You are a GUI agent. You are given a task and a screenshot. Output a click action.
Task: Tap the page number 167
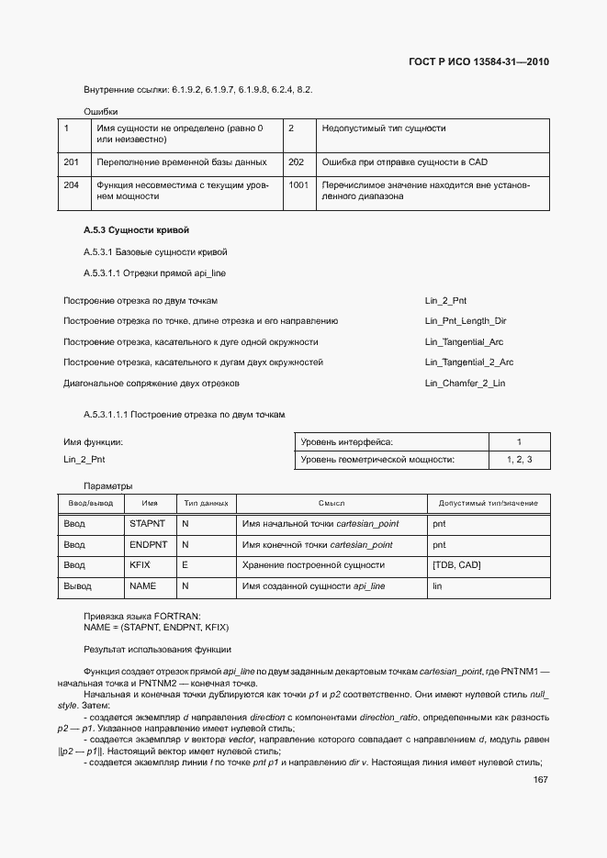pyautogui.click(x=541, y=780)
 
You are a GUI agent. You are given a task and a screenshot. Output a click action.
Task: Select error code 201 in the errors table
pyautogui.click(x=71, y=162)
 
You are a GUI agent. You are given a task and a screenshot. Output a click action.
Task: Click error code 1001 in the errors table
pyautogui.click(x=298, y=185)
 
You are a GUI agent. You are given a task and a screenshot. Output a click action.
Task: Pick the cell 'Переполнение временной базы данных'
pyautogui.click(x=181, y=162)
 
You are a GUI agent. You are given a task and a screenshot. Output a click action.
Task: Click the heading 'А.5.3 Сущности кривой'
pyautogui.click(x=136, y=229)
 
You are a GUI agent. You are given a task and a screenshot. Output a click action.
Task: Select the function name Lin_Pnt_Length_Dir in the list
pyautogui.click(x=466, y=321)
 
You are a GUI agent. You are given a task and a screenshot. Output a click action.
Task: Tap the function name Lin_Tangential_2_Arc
pyautogui.click(x=469, y=362)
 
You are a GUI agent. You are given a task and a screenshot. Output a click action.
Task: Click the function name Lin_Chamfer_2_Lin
pyautogui.click(x=465, y=383)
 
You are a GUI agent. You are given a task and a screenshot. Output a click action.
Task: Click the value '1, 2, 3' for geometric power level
pyautogui.click(x=519, y=459)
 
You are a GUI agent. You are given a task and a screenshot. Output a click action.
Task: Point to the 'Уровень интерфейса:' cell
pyautogui.click(x=346, y=441)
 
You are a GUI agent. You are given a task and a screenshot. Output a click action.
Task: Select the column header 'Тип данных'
pyautogui.click(x=206, y=503)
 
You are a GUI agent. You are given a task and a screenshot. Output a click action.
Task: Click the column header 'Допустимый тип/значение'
pyautogui.click(x=488, y=503)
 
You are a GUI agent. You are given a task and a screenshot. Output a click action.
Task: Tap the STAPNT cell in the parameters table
pyautogui.click(x=146, y=523)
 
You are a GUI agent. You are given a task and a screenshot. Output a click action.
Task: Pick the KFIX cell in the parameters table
pyautogui.click(x=141, y=564)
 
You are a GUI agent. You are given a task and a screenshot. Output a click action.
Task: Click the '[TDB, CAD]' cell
pyautogui.click(x=456, y=564)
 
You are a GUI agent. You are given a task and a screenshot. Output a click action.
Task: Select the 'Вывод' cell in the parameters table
pyautogui.click(x=77, y=585)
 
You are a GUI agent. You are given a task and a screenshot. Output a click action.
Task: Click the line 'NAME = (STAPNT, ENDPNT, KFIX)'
pyautogui.click(x=156, y=627)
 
